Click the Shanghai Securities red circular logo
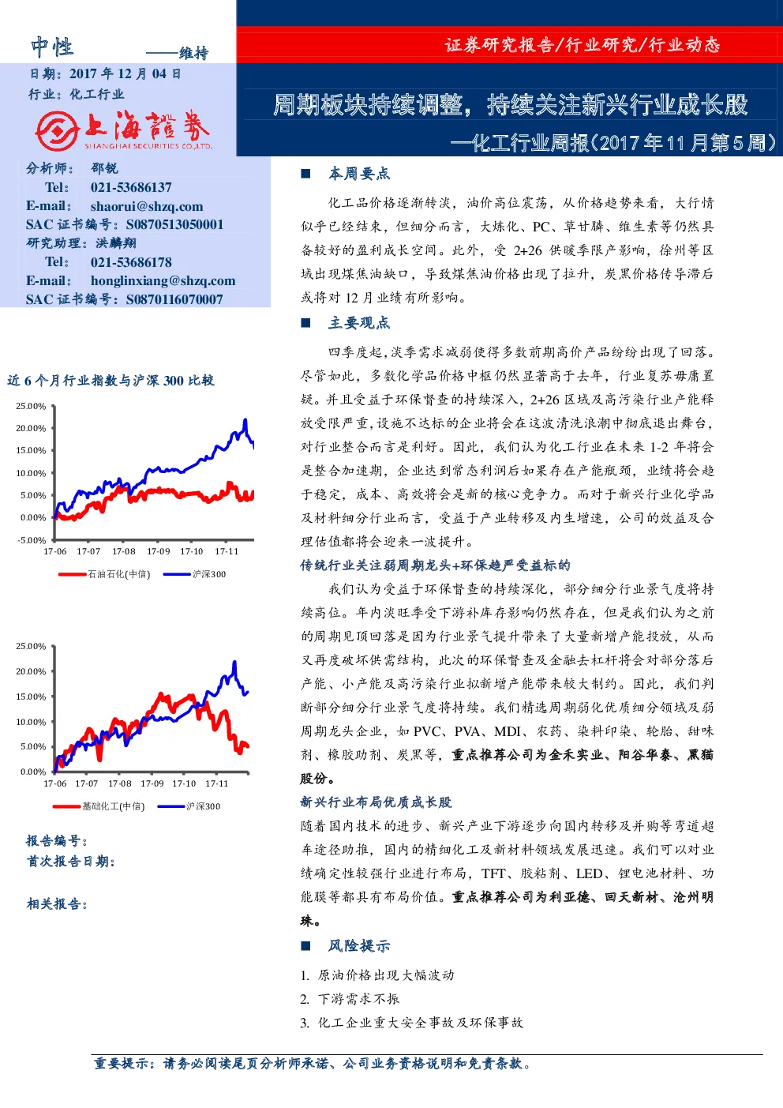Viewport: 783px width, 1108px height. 57,130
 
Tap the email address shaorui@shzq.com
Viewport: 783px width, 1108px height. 147,206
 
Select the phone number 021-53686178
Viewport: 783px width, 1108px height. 131,262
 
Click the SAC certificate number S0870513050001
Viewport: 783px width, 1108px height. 174,224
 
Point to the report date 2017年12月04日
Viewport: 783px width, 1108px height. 125,73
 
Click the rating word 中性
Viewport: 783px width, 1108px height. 52,47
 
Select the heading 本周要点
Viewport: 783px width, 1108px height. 359,174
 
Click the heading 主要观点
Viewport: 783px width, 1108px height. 359,323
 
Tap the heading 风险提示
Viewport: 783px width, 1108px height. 359,946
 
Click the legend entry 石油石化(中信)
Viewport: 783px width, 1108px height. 119,574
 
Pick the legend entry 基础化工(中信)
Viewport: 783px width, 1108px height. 113,806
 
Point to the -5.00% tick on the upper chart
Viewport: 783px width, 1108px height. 32,540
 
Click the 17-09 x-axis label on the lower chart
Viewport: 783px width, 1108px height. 152,783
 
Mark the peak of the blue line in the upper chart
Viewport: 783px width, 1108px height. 245,419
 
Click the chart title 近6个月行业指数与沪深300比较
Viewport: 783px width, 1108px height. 111,381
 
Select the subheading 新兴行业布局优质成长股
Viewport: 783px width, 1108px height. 377,802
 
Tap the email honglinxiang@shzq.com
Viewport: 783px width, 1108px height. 163,281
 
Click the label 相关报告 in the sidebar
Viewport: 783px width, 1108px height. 57,904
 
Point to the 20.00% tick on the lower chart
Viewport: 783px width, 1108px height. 31,671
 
